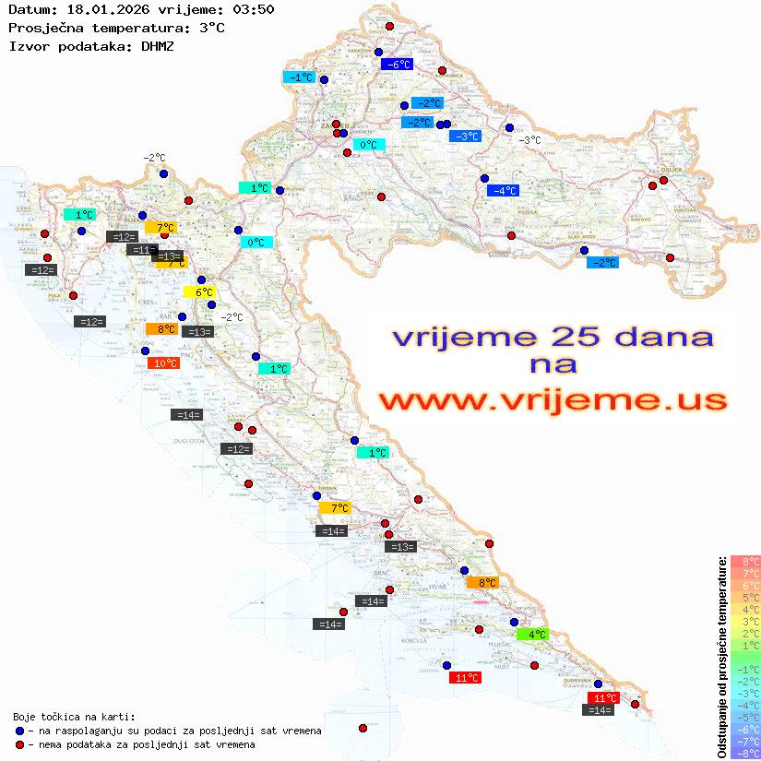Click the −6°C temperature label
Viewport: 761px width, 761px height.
click(396, 65)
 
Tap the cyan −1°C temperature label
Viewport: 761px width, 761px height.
click(300, 77)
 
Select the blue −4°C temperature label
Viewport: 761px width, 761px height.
click(503, 191)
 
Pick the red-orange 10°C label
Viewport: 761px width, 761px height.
click(164, 363)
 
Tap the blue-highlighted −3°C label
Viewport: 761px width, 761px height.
click(465, 137)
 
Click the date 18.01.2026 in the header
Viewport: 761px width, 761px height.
click(101, 9)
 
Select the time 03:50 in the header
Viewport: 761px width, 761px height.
click(254, 9)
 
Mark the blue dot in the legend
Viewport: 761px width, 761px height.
click(19, 731)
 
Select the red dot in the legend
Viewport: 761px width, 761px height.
click(19, 744)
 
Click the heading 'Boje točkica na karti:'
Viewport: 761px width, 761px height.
click(74, 717)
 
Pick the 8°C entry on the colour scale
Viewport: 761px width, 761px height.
click(745, 561)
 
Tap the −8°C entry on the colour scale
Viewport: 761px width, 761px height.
click(745, 753)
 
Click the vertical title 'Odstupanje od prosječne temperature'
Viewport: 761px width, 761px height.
click(722, 658)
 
